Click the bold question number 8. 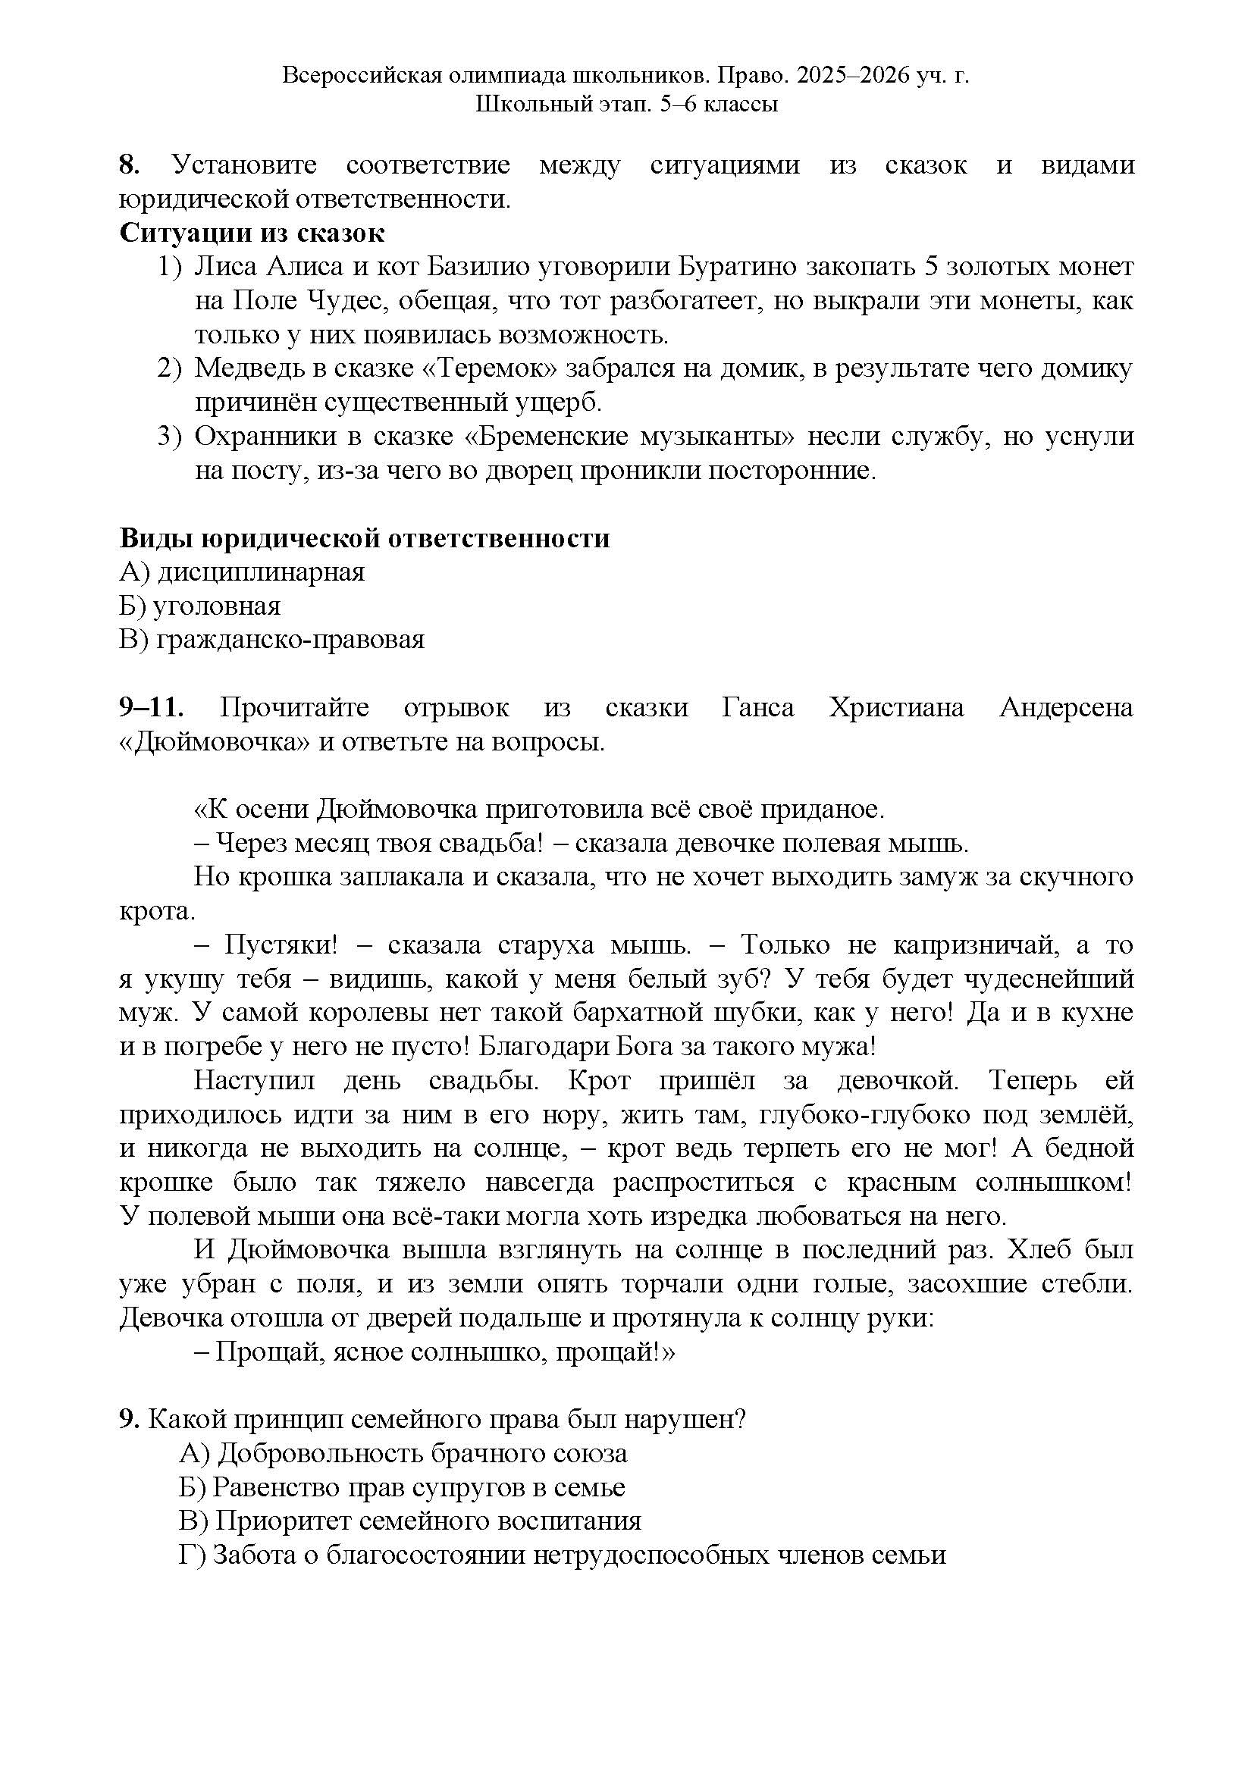[x=128, y=165]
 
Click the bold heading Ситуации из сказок [x=252, y=233]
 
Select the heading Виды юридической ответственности [x=365, y=538]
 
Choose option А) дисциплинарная [x=242, y=572]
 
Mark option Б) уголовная [x=200, y=606]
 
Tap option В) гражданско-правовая [x=272, y=641]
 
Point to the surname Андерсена [x=1065, y=708]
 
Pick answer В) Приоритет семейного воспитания [x=410, y=1521]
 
